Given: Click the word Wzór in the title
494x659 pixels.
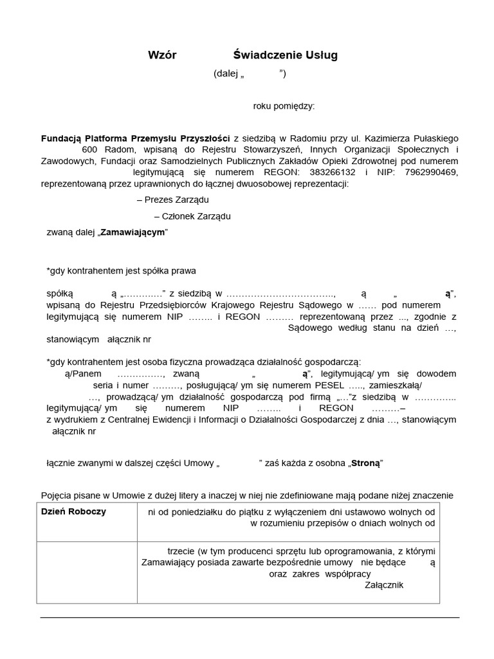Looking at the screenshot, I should [x=162, y=55].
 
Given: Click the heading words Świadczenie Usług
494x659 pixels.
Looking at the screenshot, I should [x=285, y=55].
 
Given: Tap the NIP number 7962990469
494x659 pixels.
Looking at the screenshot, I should [x=431, y=172].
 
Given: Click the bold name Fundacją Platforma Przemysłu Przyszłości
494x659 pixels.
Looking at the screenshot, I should [x=135, y=138].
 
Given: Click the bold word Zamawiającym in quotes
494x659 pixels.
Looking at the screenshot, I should [x=133, y=232].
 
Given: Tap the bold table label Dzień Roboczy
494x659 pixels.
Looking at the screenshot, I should [x=74, y=512].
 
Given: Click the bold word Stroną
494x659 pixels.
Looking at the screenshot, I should [x=365, y=463].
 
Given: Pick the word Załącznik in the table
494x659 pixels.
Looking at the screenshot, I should [x=384, y=584].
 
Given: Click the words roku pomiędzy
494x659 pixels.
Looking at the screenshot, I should [x=284, y=106].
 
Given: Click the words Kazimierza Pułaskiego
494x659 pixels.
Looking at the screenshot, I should [x=410, y=138].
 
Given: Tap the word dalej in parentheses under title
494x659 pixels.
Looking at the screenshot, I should [x=227, y=73].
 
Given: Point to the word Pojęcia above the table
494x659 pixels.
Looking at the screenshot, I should [x=57, y=495].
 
